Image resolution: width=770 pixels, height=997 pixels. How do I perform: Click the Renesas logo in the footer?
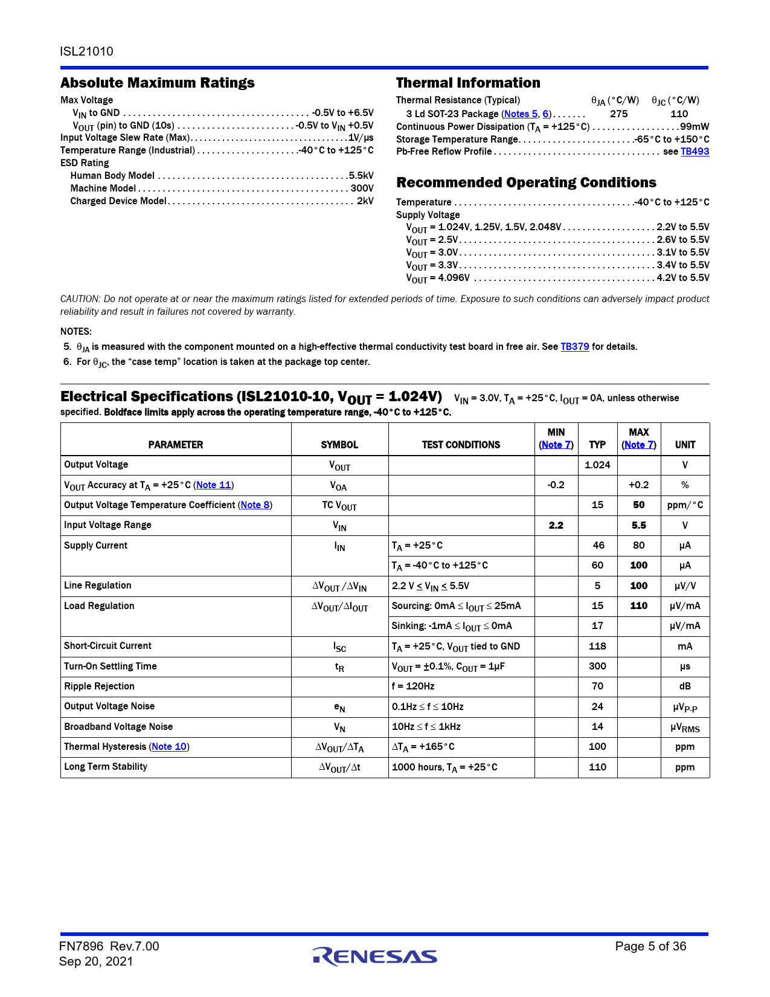point(375,956)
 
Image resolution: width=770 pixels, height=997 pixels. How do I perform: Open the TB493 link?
point(695,152)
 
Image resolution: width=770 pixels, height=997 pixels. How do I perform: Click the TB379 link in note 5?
point(574,347)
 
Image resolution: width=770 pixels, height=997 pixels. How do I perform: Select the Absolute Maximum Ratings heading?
point(158,83)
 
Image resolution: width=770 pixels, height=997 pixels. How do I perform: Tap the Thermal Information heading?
point(468,83)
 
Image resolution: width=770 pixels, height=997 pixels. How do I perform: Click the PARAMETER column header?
point(176,445)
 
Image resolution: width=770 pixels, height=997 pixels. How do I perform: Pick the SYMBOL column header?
point(339,445)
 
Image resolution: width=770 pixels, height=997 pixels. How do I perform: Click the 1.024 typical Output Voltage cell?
point(597,465)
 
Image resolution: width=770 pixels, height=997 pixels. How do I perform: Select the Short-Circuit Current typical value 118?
point(597,646)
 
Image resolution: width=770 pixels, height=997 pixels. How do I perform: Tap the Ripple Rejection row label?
point(100,686)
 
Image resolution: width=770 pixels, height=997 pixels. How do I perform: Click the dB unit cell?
point(685,686)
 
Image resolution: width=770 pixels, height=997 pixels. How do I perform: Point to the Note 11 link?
point(214,485)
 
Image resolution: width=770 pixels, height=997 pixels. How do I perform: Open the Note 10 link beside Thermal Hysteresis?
point(169,747)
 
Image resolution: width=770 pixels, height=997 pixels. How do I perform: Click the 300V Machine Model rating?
point(362,189)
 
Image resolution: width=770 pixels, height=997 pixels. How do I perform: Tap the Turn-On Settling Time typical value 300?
point(597,666)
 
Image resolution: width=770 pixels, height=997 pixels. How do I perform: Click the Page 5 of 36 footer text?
point(650,946)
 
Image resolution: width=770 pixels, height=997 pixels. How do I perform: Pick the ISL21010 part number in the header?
point(86,51)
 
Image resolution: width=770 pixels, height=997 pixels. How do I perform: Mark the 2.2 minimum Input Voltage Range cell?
point(556,526)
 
